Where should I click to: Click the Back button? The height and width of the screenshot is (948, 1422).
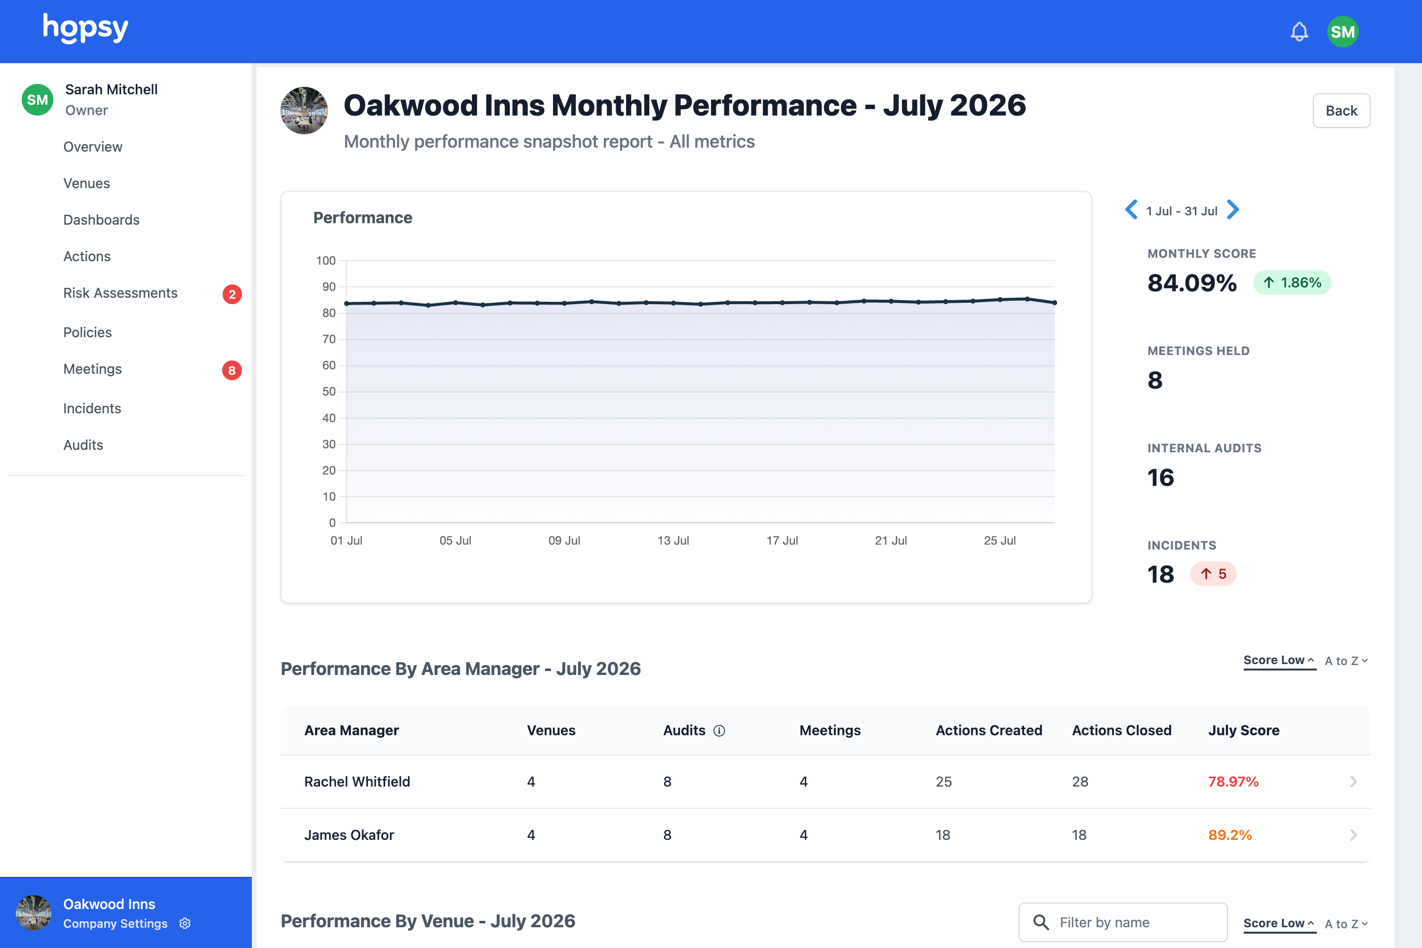tap(1341, 111)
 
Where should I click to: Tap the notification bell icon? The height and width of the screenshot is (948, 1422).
tap(1299, 32)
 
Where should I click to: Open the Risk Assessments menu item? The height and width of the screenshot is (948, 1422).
tap(120, 293)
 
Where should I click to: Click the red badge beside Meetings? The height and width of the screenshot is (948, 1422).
tap(232, 370)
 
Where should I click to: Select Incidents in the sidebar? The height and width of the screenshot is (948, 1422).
tap(92, 408)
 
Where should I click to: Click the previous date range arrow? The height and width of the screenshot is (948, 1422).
tap(1131, 210)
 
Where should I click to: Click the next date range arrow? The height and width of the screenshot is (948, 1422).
tap(1233, 210)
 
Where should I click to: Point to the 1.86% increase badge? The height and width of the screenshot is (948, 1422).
tap(1292, 282)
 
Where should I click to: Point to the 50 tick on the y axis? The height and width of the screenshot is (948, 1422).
tap(329, 392)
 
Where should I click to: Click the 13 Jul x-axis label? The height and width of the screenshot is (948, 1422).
tap(673, 541)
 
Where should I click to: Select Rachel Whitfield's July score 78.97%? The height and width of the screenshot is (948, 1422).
tap(1233, 782)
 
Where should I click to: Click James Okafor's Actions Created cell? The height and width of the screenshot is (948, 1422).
tap(943, 835)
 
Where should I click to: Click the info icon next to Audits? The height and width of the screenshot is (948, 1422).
tap(719, 731)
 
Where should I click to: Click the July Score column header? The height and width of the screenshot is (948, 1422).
tap(1244, 730)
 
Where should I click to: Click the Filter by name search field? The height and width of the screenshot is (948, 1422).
tap(1123, 922)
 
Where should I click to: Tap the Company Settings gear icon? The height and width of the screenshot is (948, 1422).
tap(185, 923)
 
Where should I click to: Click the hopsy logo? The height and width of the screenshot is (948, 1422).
tap(85, 29)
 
